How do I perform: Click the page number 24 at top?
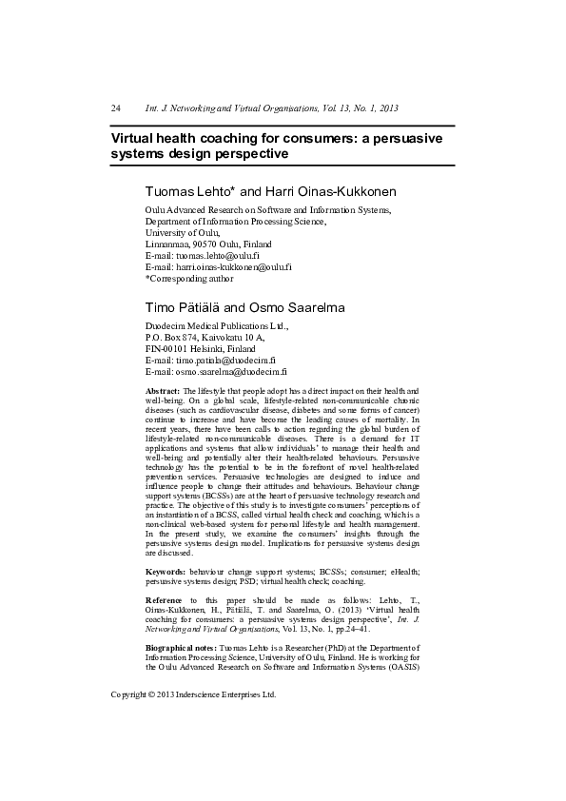(x=116, y=109)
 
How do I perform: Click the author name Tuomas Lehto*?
(x=183, y=190)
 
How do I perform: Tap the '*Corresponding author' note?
(x=188, y=279)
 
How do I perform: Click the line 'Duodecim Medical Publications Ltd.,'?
(x=216, y=325)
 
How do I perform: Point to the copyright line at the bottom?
(x=193, y=694)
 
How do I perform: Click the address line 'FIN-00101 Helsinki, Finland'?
(x=201, y=349)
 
